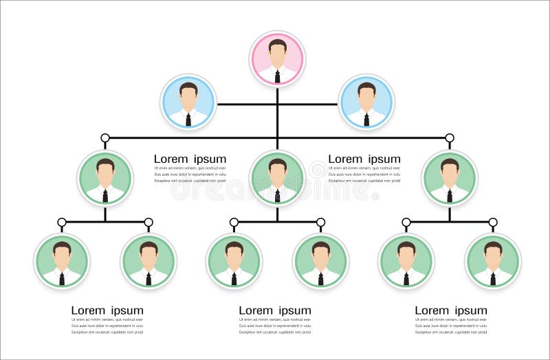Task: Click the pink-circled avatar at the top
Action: point(277,59)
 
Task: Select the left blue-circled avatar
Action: point(188,102)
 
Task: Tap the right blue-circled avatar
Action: point(366,102)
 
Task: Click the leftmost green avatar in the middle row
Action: point(105,178)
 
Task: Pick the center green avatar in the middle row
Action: point(277,178)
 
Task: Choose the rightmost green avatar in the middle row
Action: point(450,178)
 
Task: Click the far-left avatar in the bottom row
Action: point(62,261)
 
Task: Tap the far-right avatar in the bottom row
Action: point(493,261)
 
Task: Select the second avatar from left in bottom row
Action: point(148,261)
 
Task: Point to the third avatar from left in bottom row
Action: point(234,261)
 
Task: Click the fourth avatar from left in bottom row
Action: point(321,261)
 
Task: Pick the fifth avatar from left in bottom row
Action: point(406,261)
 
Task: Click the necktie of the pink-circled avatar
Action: point(277,76)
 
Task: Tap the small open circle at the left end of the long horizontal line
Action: point(105,138)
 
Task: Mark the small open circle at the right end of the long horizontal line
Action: point(450,138)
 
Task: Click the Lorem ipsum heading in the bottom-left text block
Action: point(107,311)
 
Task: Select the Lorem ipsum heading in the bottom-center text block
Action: point(275,311)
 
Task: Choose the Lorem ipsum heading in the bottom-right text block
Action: point(451,311)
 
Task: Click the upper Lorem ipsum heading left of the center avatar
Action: point(190,159)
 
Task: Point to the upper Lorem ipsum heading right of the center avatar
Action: point(364,159)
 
